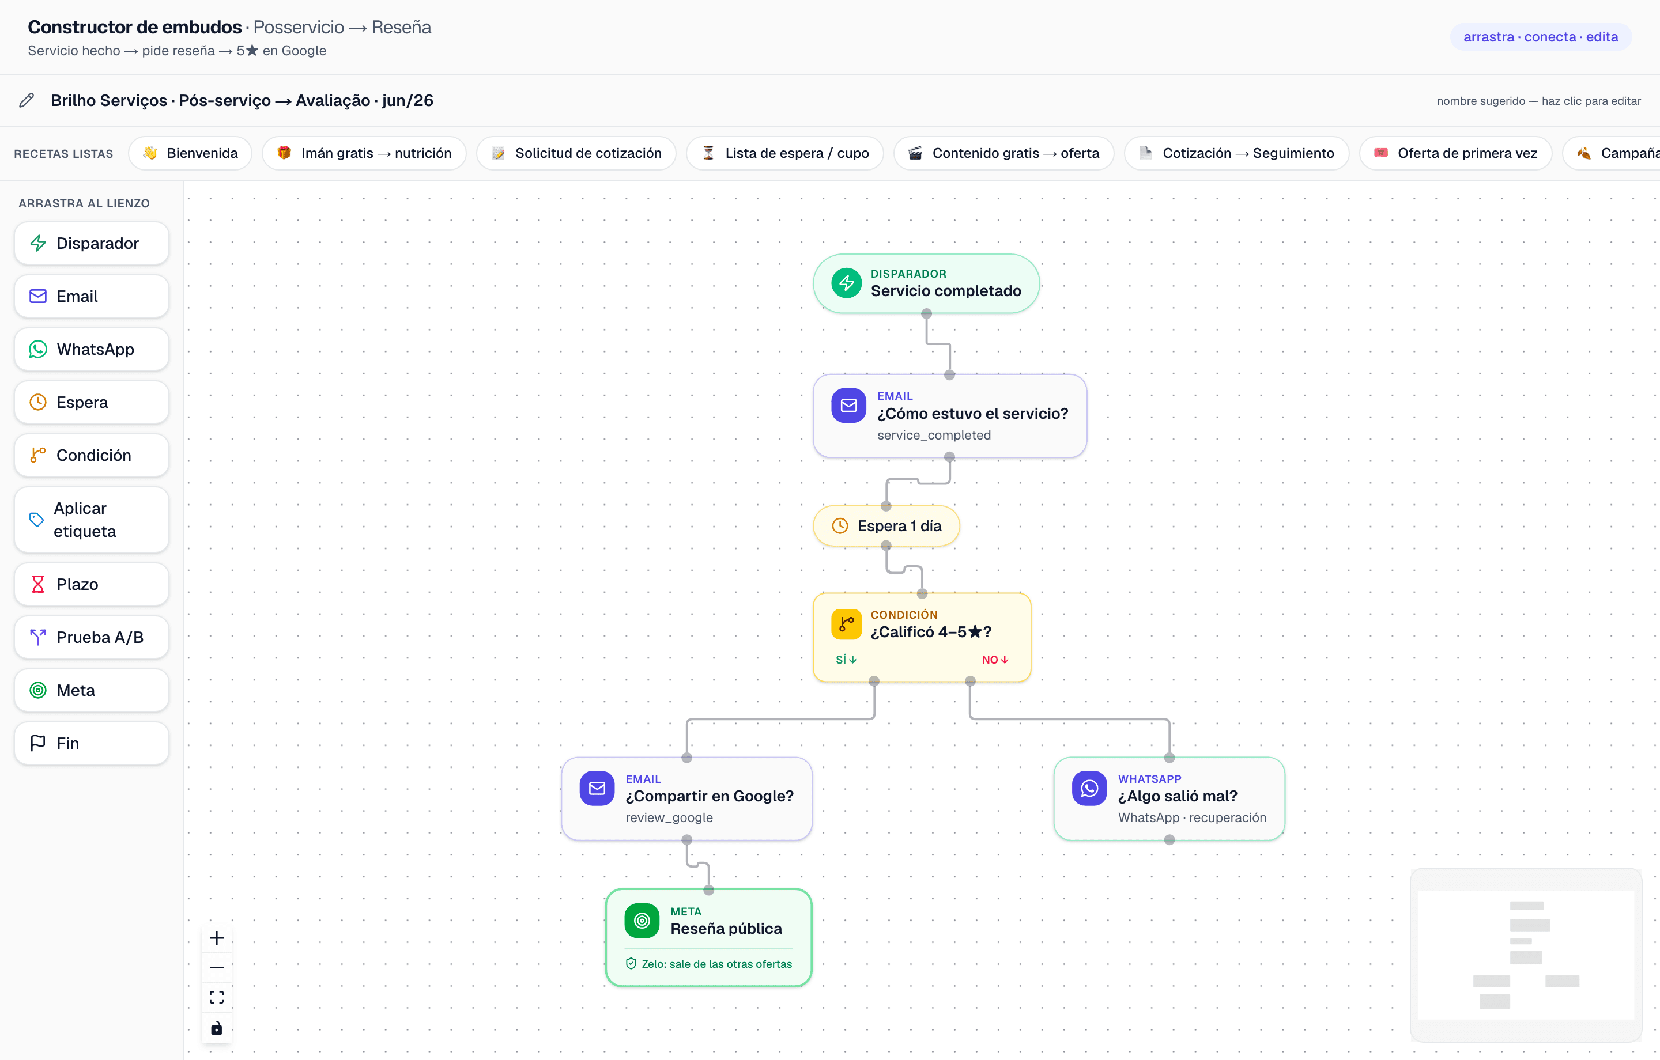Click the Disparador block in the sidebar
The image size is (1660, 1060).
(91, 243)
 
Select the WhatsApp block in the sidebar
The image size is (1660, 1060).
(91, 350)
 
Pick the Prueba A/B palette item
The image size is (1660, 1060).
(91, 638)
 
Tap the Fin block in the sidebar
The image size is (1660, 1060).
(91, 743)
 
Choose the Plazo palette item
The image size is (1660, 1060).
(91, 585)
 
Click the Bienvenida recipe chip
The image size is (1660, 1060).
(190, 153)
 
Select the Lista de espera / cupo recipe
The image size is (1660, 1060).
(784, 153)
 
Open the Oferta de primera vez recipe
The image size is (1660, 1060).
(1455, 153)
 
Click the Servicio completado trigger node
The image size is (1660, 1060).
(926, 283)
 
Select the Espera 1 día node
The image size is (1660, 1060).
(886, 526)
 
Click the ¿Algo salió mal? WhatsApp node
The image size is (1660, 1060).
(1169, 798)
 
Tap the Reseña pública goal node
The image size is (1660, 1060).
(709, 937)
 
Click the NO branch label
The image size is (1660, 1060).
(995, 660)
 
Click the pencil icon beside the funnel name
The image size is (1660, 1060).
(26, 101)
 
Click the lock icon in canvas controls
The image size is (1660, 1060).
(217, 1028)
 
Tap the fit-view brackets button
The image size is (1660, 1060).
(217, 997)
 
